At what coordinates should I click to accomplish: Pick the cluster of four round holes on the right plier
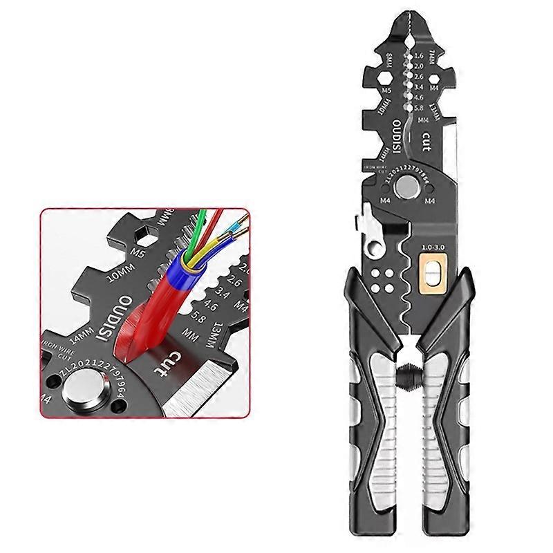(x=380, y=279)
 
